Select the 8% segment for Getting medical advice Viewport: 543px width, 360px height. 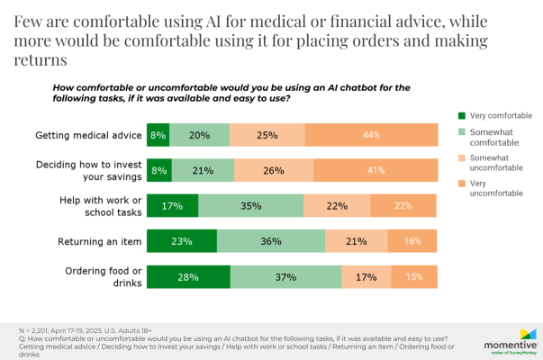[158, 135]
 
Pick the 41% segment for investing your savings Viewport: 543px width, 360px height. [374, 170]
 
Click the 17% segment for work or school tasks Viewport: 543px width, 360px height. [169, 205]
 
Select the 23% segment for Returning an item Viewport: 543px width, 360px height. [181, 240]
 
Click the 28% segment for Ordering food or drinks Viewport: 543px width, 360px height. [187, 275]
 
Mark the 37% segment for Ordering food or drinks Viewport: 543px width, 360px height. [285, 275]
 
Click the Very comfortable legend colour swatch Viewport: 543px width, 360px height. [462, 115]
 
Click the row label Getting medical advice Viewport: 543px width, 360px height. [88, 135]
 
